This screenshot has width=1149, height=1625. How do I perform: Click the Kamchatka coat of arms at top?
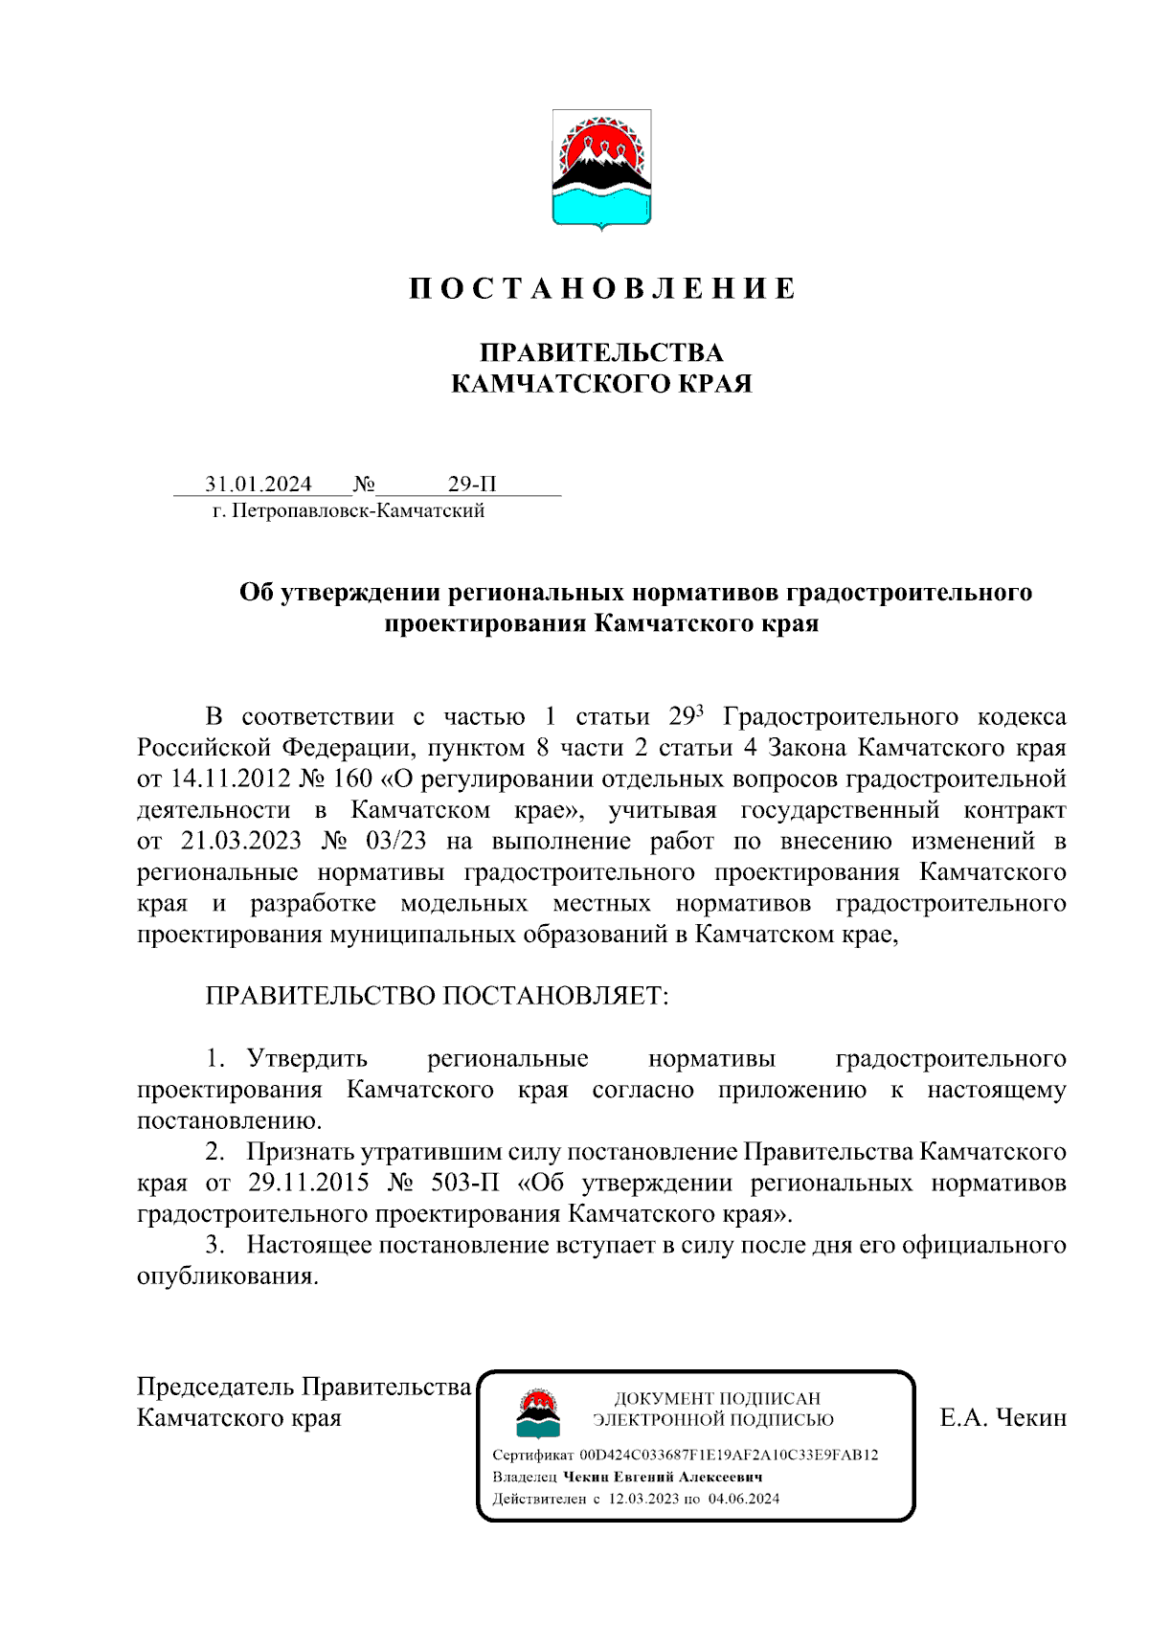click(x=601, y=169)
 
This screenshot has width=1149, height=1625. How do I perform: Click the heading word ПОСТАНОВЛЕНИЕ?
click(x=601, y=289)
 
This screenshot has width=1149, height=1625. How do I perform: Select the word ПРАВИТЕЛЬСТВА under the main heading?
click(x=601, y=353)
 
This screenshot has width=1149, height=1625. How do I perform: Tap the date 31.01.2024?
click(x=259, y=485)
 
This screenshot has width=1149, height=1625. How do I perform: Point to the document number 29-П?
click(x=472, y=485)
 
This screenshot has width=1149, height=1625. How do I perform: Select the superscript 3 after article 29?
click(x=700, y=710)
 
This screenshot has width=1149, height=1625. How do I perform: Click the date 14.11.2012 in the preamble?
click(x=230, y=779)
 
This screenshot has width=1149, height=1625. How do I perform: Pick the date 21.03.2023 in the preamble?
click(x=240, y=841)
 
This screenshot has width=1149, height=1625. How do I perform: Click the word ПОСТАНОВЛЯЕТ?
click(x=555, y=996)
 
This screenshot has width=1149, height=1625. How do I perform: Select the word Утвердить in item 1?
click(x=306, y=1059)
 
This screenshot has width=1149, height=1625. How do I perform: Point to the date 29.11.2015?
click(x=308, y=1183)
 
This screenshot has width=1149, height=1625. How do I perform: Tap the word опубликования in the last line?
click(x=227, y=1276)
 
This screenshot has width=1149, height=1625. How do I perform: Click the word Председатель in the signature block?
click(x=216, y=1387)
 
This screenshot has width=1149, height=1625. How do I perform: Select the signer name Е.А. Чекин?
click(x=1003, y=1418)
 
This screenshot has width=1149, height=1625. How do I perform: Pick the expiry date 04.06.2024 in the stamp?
click(x=744, y=1499)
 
